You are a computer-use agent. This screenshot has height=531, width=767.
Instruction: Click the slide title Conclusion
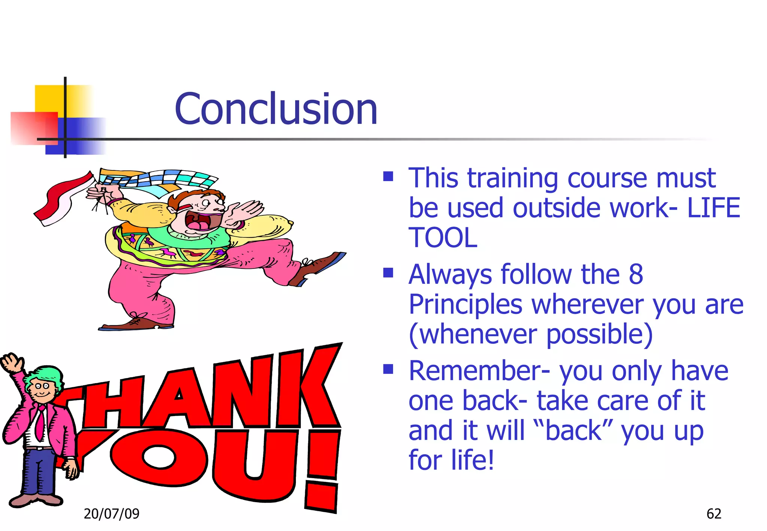pos(276,109)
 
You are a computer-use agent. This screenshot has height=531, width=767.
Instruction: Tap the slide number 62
pos(713,513)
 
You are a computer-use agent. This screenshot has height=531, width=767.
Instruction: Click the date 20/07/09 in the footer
pos(111,513)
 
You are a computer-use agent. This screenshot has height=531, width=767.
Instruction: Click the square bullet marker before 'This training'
pos(388,176)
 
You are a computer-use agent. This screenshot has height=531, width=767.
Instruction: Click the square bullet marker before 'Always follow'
pos(388,273)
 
